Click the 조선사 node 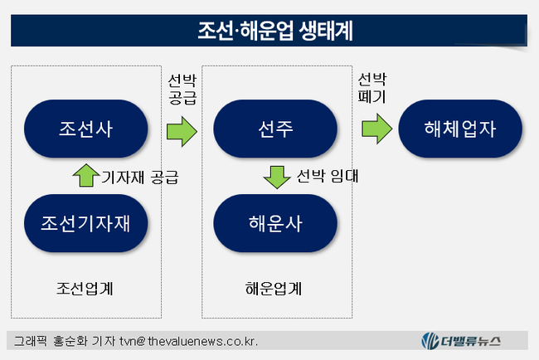tap(86, 129)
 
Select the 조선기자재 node tap(86, 222)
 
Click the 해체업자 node tap(461, 129)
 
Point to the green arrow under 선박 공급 tap(182, 130)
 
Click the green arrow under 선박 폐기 tap(376, 129)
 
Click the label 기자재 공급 tap(139, 177)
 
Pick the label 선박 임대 tap(326, 176)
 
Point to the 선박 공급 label tap(182, 89)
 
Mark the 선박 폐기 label tap(371, 88)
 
